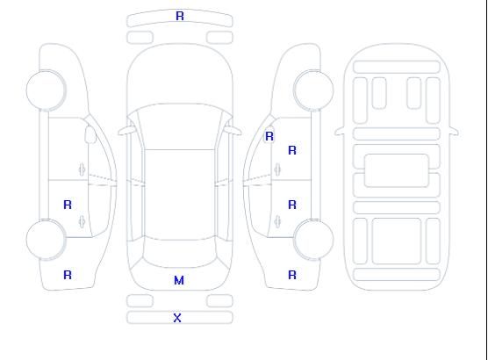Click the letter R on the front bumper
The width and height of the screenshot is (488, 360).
coord(180,16)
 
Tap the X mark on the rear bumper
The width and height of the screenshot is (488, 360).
coord(177,318)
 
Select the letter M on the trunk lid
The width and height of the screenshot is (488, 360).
coord(179,281)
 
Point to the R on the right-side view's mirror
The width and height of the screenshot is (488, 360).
coord(269,136)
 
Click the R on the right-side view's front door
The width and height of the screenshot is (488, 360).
coord(292,150)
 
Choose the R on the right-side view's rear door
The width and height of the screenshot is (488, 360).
coord(292,205)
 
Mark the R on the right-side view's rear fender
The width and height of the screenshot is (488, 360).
coord(292,275)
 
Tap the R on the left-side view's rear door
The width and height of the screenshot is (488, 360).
coord(68,205)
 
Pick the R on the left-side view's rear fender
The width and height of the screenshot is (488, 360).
coord(68,275)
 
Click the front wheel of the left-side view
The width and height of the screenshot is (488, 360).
coord(46,90)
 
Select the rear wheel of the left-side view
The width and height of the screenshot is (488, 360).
coord(46,240)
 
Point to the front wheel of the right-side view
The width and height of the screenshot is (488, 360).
coord(313,90)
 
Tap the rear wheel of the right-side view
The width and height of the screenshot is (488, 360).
coord(313,240)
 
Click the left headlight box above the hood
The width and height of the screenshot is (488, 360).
coord(140,38)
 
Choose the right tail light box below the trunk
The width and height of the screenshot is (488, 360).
coord(219,301)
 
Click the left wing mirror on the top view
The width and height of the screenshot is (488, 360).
coord(126,131)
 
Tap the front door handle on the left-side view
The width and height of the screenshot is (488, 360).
coord(83,169)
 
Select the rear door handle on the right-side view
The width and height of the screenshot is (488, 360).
coord(277,221)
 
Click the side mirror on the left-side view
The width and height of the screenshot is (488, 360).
coord(90,134)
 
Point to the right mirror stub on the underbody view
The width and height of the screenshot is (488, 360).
coord(454,131)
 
